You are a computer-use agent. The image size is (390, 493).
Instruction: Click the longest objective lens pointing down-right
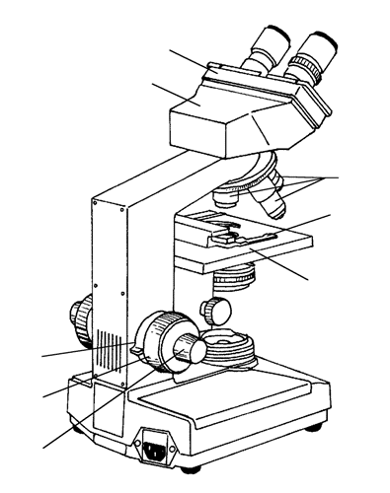point(272,202)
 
